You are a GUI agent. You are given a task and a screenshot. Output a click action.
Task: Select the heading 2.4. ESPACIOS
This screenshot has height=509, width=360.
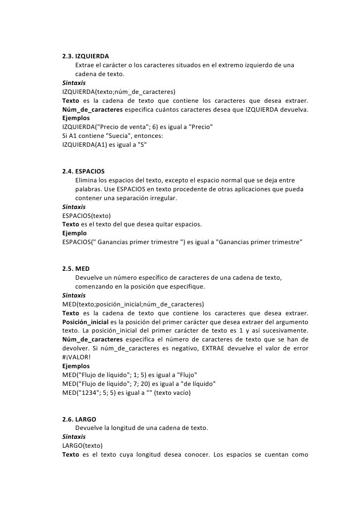pos(84,171)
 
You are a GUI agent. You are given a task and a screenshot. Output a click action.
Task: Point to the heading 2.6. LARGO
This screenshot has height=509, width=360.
pos(79,419)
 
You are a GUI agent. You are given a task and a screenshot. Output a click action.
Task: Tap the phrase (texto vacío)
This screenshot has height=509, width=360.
pos(176,393)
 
